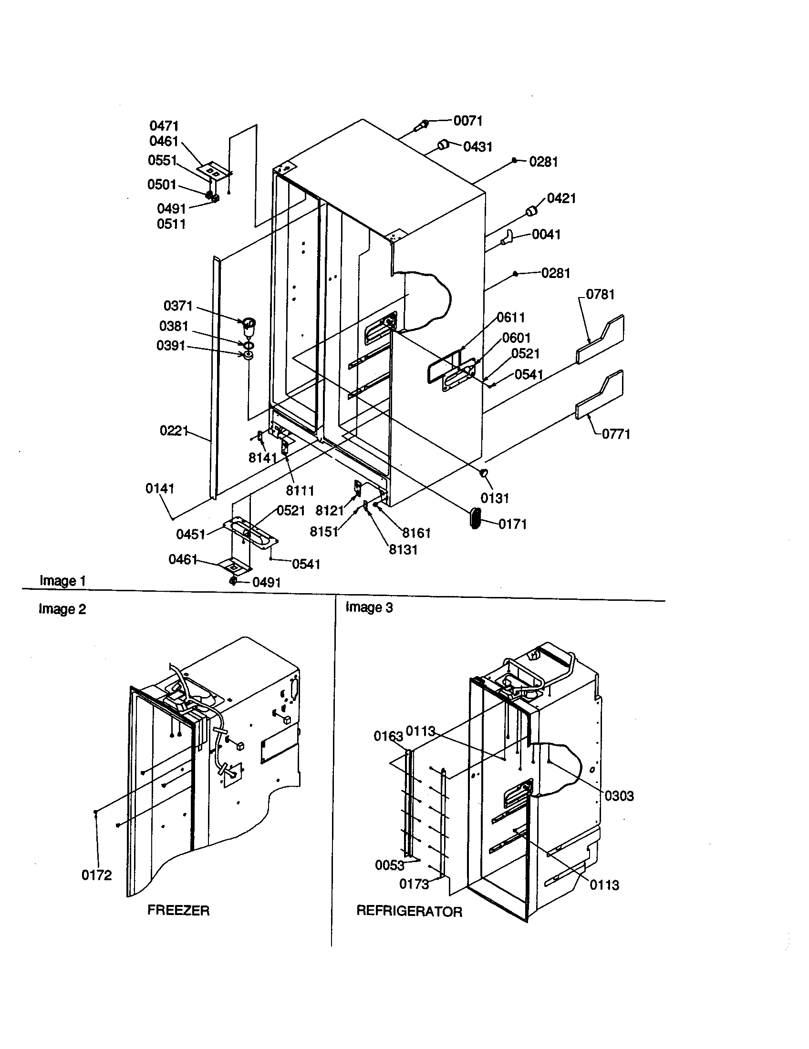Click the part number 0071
coord(468,121)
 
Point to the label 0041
coord(546,235)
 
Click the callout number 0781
coord(600,294)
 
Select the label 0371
coord(178,306)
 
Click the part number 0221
coord(174,431)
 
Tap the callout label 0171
coord(513,524)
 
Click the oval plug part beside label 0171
coord(475,518)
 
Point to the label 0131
coord(494,498)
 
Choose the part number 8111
coord(300,490)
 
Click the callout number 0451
coord(190,534)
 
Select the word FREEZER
coord(178,910)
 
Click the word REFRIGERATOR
coord(409,911)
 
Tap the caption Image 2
coord(62,609)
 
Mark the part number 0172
coord(96,875)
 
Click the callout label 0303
coord(619,796)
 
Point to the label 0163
coord(388,736)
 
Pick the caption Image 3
coord(369,607)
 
